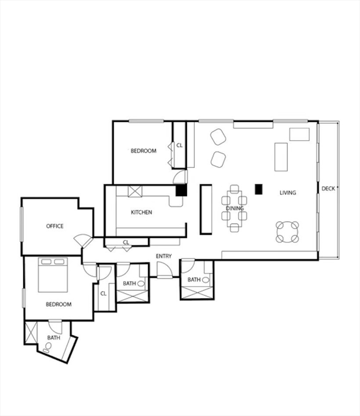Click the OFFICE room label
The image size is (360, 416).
pyautogui.click(x=55, y=226)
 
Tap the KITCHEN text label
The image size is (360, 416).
pyautogui.click(x=142, y=212)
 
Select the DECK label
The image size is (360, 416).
pyautogui.click(x=328, y=188)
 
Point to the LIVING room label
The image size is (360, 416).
pyautogui.click(x=288, y=192)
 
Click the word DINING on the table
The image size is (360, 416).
pyautogui.click(x=235, y=208)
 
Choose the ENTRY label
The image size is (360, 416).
pyautogui.click(x=164, y=256)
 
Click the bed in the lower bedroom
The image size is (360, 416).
pyautogui.click(x=53, y=275)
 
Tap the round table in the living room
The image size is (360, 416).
pyautogui.click(x=287, y=232)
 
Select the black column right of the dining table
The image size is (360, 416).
pyautogui.click(x=259, y=189)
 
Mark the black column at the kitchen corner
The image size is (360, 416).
pyautogui.click(x=182, y=190)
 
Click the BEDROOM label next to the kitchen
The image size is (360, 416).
pyautogui.click(x=143, y=151)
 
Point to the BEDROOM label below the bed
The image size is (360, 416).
pyautogui.click(x=59, y=304)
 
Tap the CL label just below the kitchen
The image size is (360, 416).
pyautogui.click(x=126, y=242)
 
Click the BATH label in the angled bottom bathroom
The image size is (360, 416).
pyautogui.click(x=53, y=337)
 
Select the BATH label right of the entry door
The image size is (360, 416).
pyautogui.click(x=194, y=279)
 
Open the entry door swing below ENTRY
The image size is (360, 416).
pyautogui.click(x=164, y=270)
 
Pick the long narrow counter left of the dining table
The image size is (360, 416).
pyautogui.click(x=206, y=209)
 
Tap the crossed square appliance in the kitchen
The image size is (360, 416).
pyautogui.click(x=135, y=191)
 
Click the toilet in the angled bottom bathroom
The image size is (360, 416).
pyautogui.click(x=47, y=350)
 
